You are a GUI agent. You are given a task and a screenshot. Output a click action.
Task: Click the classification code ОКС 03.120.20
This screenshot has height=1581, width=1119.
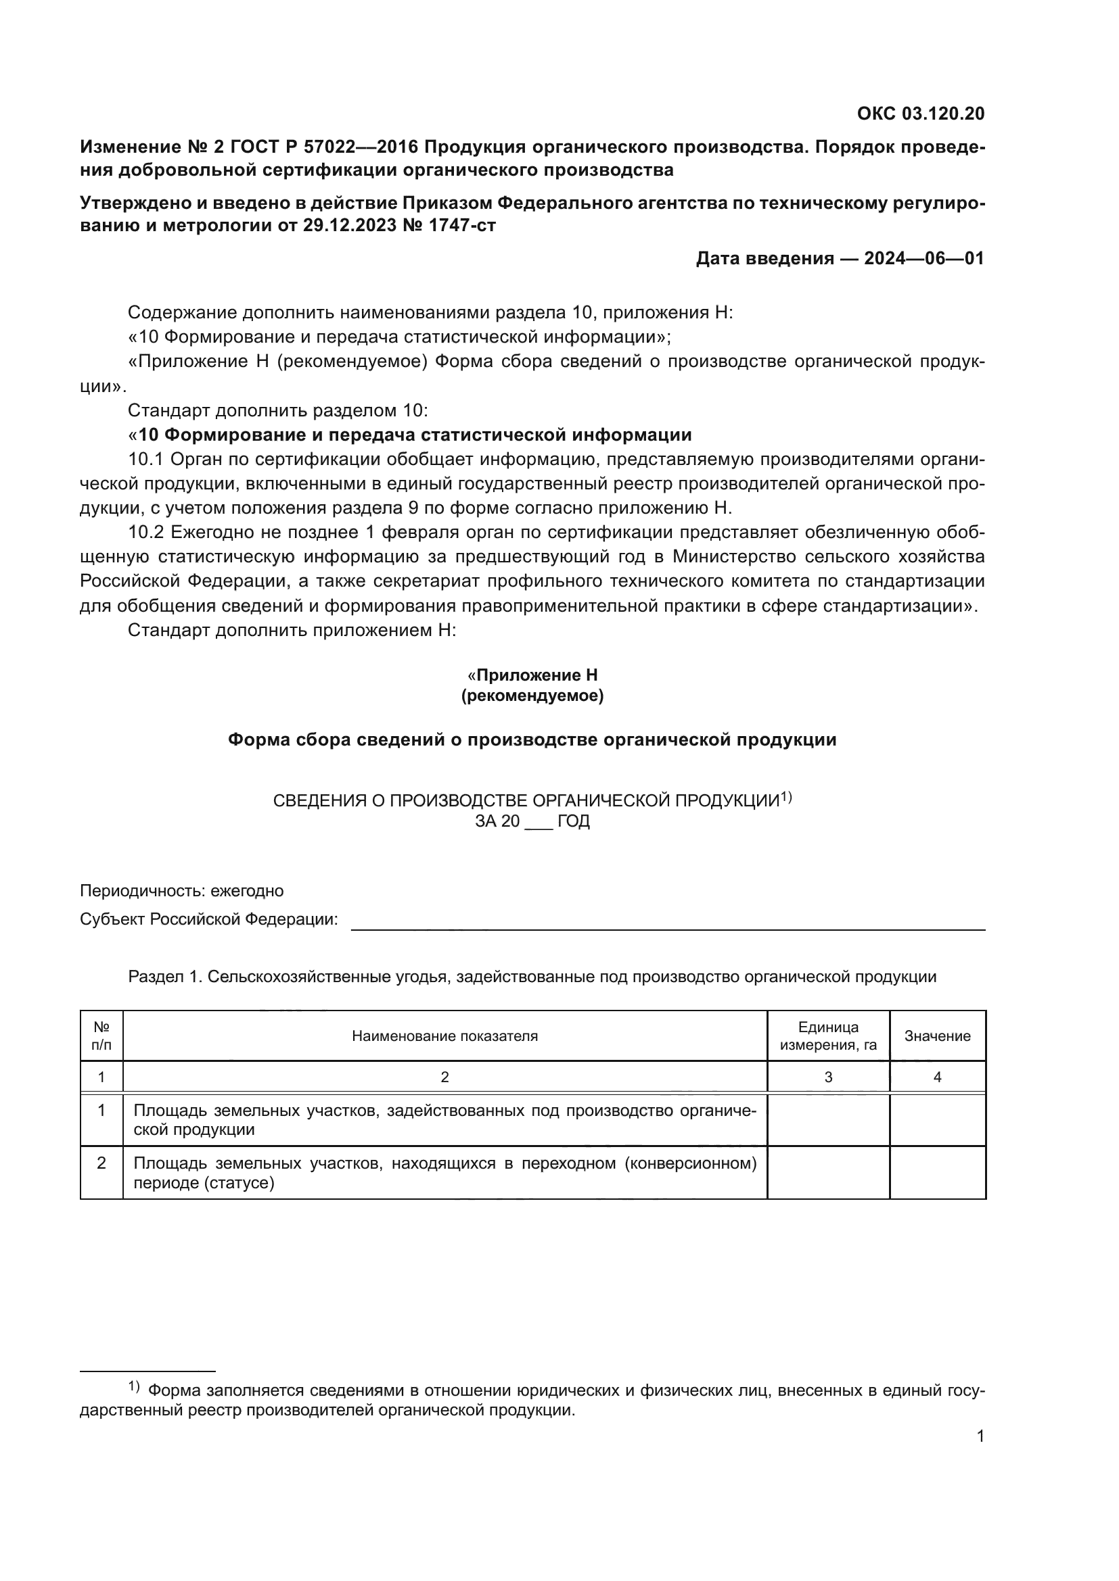click(921, 114)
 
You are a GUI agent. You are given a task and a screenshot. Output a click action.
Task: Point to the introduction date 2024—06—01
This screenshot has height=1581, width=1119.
click(924, 258)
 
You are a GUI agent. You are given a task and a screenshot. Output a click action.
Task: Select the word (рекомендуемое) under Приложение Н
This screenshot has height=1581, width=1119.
click(532, 696)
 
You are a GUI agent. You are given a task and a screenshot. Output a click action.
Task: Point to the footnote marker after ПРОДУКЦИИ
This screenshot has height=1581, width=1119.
click(786, 798)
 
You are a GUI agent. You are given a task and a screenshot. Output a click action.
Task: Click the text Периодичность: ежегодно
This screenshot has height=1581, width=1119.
click(182, 891)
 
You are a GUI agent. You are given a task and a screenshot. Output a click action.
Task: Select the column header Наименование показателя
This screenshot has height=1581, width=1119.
click(444, 1036)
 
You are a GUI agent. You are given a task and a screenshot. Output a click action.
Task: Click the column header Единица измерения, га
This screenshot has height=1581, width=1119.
click(828, 1036)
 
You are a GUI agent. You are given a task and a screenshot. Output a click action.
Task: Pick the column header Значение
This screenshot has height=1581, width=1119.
click(937, 1036)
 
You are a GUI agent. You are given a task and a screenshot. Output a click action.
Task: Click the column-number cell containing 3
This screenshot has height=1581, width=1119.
click(828, 1077)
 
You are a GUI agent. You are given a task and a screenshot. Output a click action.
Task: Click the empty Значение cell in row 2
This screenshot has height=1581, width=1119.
click(937, 1173)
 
